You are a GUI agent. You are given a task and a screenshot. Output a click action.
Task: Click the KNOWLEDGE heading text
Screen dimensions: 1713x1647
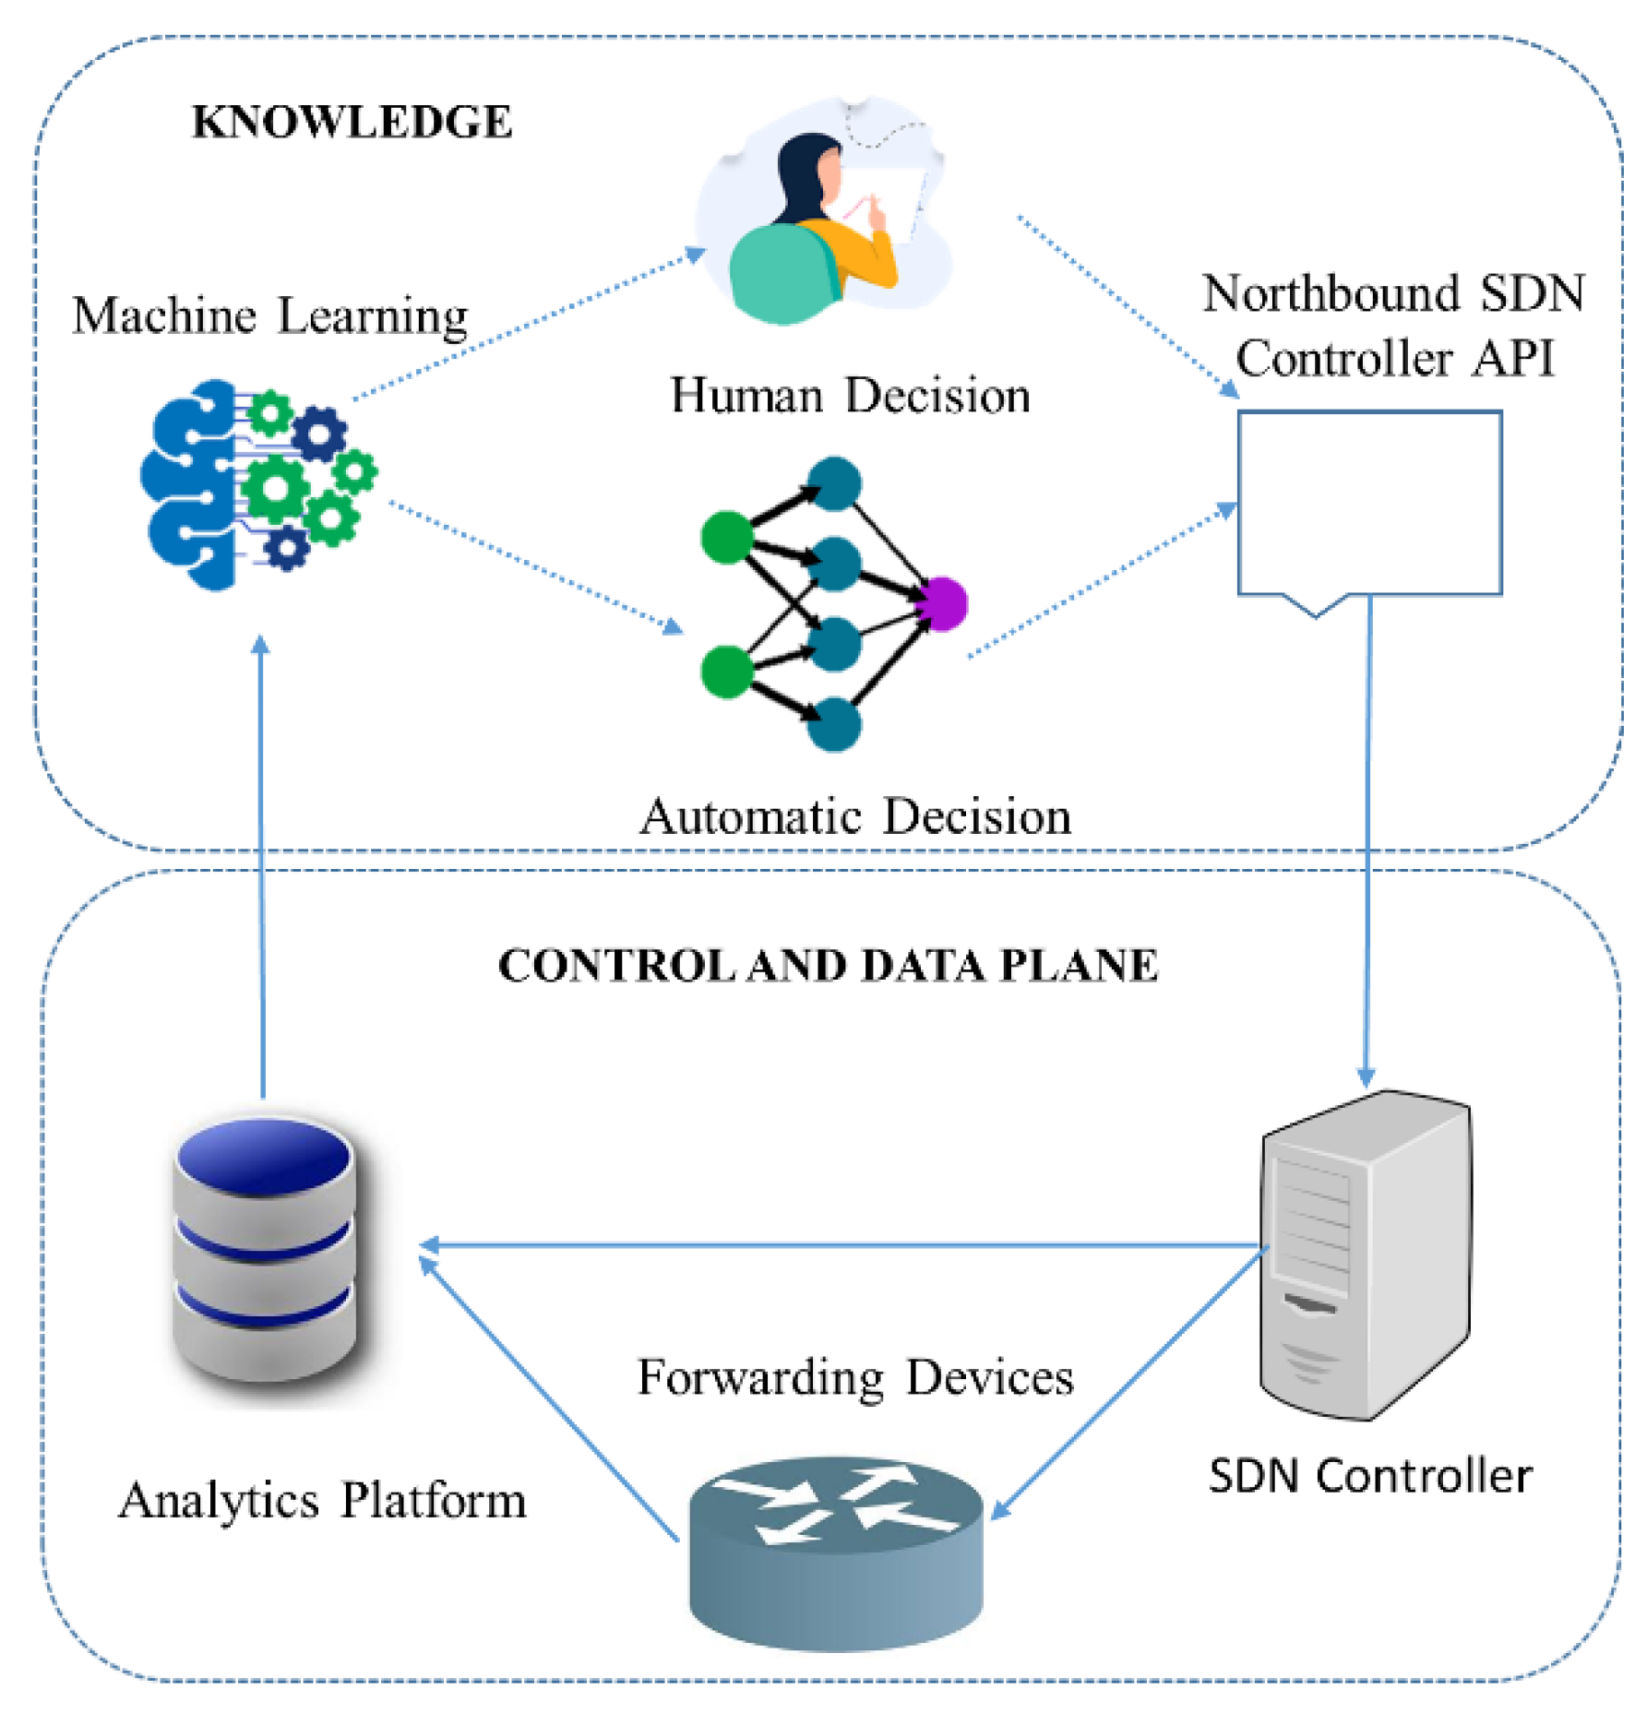tap(352, 122)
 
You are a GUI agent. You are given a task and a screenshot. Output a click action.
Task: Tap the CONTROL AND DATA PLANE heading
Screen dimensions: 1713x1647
tap(827, 966)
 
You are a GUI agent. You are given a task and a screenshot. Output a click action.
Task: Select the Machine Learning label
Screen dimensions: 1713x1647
tap(269, 315)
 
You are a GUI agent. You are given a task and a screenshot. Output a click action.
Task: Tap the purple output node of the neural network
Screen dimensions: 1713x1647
tap(943, 603)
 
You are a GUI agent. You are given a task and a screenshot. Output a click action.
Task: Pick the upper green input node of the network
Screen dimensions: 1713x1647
tap(727, 537)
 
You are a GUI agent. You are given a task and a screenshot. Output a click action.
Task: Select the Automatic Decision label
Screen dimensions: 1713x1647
tap(854, 816)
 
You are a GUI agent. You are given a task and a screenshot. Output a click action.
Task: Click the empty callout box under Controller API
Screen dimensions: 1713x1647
tap(1368, 503)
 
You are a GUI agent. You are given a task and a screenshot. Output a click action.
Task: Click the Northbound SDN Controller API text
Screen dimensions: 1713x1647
tap(1393, 325)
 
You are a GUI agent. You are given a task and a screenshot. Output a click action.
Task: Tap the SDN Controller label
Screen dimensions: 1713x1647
tap(1369, 1476)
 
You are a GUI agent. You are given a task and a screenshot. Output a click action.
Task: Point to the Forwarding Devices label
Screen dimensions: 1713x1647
tap(854, 1377)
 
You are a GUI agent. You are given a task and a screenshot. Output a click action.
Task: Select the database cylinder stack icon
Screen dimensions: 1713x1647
tap(265, 1250)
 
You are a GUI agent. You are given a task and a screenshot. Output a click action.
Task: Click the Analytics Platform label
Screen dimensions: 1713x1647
tap(322, 1500)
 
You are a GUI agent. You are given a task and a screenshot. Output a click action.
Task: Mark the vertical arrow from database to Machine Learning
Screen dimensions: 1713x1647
tap(262, 867)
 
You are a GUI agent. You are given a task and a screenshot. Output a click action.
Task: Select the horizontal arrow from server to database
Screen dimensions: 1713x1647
tap(840, 1245)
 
